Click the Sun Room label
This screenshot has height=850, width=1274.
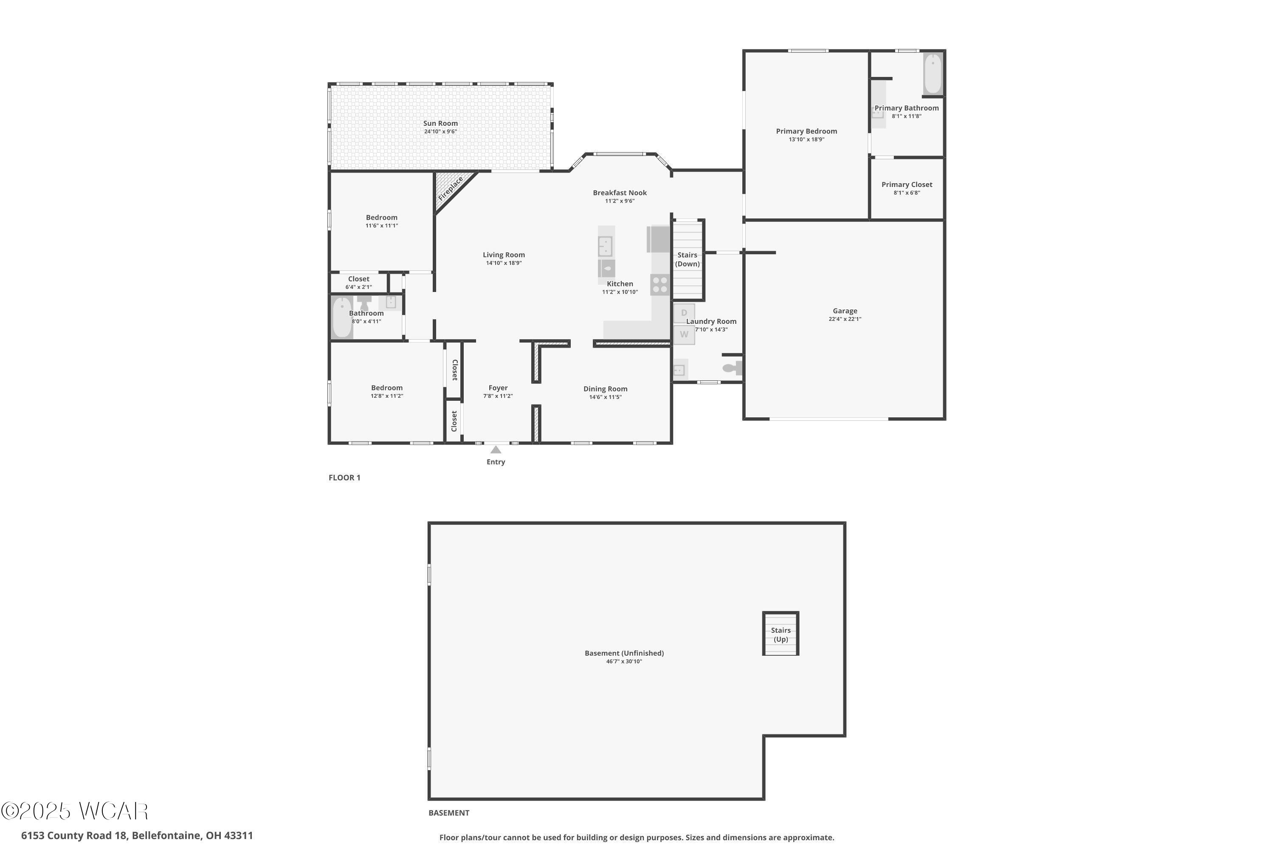(x=440, y=123)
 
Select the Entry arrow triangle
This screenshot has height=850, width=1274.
(x=496, y=449)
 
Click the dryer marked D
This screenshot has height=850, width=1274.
(x=684, y=313)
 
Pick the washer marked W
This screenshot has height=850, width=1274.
(x=684, y=334)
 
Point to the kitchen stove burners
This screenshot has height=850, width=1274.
(x=660, y=285)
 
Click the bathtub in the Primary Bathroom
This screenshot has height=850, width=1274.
(x=933, y=74)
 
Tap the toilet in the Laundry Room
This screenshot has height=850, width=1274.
(x=732, y=368)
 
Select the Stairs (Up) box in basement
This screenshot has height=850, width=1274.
(x=781, y=634)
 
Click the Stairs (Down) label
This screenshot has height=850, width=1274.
(x=688, y=259)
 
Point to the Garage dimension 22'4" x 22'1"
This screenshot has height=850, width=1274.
(x=845, y=319)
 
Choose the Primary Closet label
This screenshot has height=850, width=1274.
(x=907, y=184)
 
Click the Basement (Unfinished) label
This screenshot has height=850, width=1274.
(x=624, y=653)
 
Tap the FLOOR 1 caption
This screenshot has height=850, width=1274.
(x=344, y=478)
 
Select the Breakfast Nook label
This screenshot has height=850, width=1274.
(x=620, y=193)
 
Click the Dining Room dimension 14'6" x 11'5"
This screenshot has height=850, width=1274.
(x=606, y=397)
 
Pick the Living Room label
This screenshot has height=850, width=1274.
(x=504, y=255)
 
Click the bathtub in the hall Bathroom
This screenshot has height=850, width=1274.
(x=342, y=317)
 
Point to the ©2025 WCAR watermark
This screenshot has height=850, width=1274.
(x=75, y=811)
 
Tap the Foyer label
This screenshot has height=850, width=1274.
(x=498, y=388)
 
